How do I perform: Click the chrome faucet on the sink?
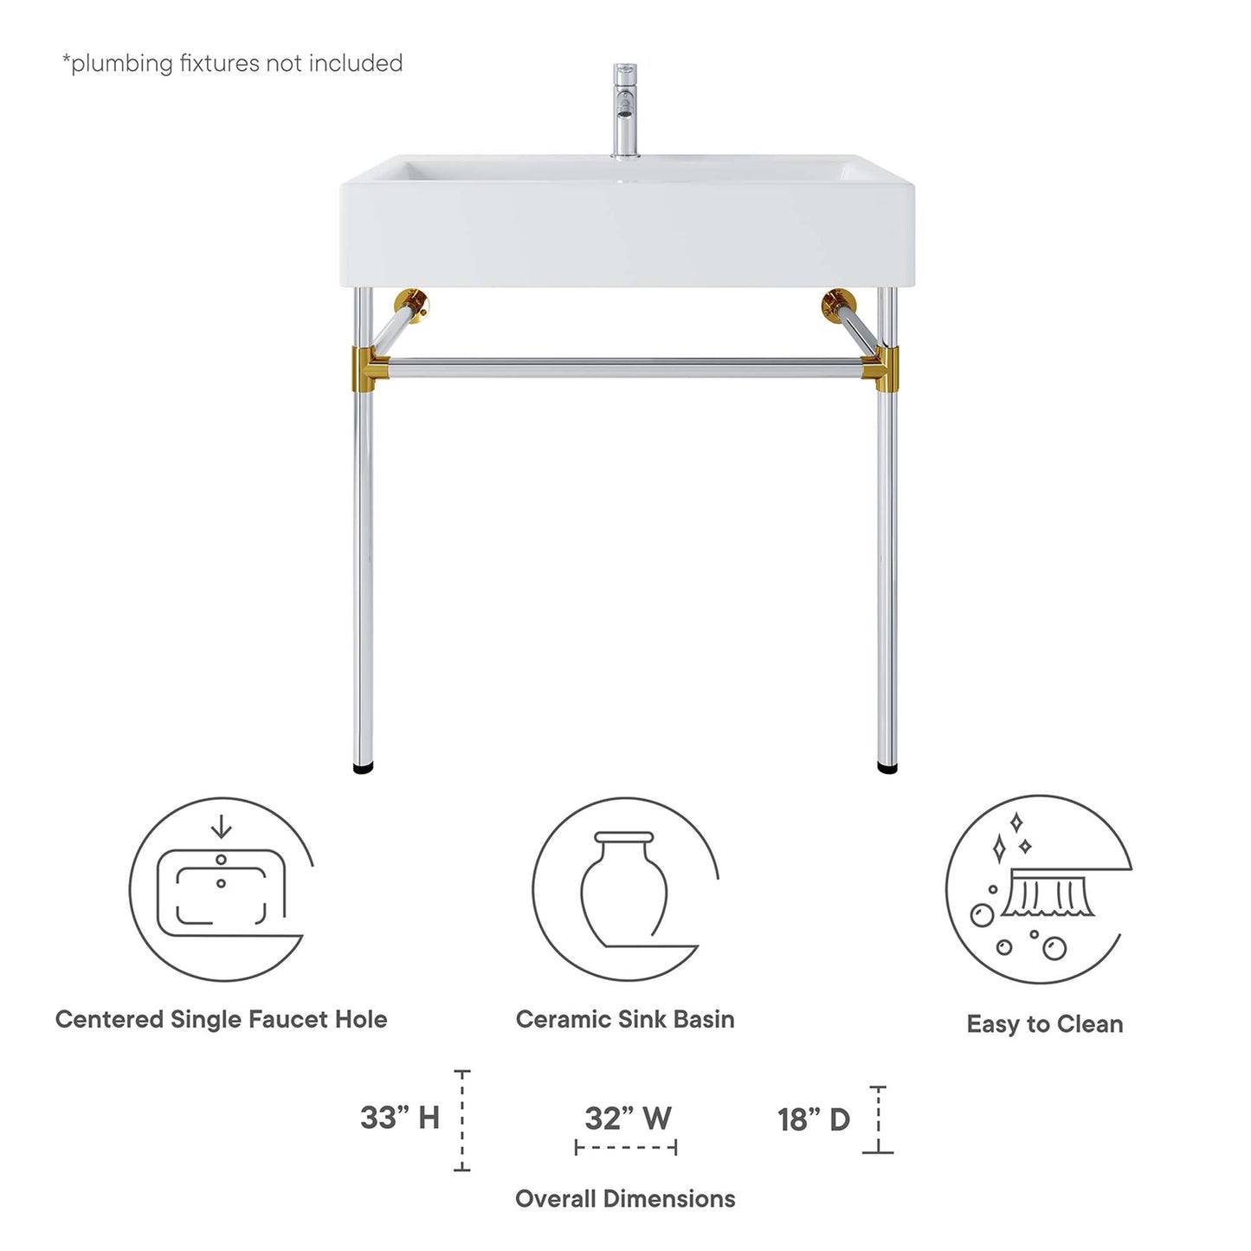point(624,111)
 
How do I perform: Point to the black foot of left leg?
point(364,767)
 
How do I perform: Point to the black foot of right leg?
point(887,767)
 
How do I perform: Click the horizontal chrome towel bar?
point(625,367)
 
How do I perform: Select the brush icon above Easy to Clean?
point(1048,896)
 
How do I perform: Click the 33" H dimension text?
point(400,1118)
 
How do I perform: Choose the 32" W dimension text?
point(628,1118)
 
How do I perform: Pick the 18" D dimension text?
point(814,1119)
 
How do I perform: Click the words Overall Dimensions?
point(625,1199)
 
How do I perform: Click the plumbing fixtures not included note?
point(232,63)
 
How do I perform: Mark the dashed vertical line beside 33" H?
point(462,1121)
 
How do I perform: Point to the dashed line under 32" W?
point(626,1148)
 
